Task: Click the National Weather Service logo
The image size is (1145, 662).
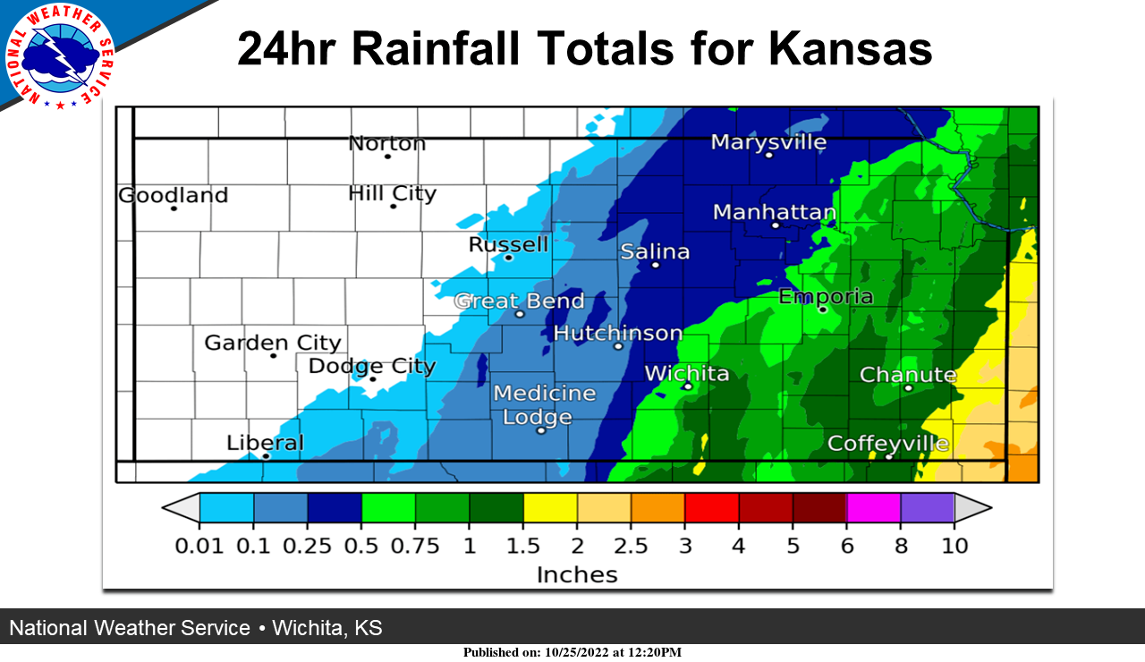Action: click(60, 56)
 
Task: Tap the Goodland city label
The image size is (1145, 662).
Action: click(174, 195)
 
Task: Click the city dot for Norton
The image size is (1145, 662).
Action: click(387, 157)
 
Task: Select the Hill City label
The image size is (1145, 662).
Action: click(392, 193)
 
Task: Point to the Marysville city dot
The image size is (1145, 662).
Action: click(768, 155)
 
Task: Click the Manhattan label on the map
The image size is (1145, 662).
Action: click(775, 213)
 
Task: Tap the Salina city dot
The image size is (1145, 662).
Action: click(655, 265)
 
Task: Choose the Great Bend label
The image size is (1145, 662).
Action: click(520, 301)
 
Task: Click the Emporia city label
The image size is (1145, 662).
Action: click(826, 296)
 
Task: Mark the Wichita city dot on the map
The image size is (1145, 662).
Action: click(688, 386)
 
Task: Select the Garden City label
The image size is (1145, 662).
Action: click(273, 343)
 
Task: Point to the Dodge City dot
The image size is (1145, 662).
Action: click(373, 379)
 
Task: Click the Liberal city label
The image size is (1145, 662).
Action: click(265, 443)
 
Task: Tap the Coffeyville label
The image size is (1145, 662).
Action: click(888, 444)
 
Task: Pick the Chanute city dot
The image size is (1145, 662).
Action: click(908, 388)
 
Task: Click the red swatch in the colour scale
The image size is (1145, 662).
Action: click(711, 507)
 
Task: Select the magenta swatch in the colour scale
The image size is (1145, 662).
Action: click(873, 507)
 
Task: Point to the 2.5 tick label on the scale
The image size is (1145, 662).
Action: click(631, 546)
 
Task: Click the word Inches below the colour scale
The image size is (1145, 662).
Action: click(577, 575)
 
